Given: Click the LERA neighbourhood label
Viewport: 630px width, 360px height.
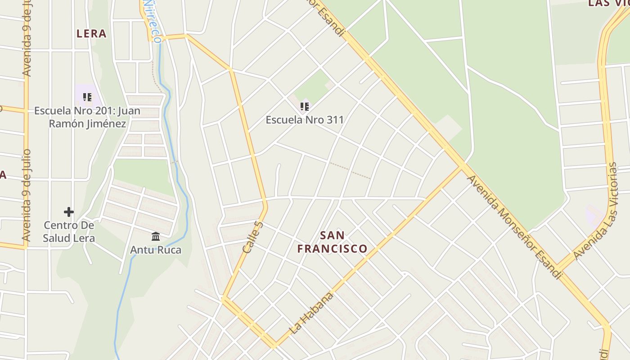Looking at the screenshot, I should point(91,34).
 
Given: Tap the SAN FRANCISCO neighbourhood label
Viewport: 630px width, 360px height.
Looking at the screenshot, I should point(333,242).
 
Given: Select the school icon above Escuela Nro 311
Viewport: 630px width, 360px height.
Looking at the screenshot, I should point(305,107).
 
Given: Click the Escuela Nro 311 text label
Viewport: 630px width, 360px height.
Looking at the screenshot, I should point(305,120).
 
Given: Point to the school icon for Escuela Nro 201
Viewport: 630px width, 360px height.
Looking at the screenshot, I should point(87,97).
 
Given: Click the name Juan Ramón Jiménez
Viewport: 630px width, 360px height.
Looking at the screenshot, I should point(87,117).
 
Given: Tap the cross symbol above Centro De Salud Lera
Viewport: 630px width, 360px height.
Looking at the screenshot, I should point(69,211).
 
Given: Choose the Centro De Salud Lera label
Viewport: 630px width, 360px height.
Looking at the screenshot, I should point(69,231).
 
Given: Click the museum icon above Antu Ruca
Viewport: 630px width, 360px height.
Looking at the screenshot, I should point(156,236).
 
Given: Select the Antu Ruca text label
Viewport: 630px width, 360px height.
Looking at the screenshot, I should point(156,250).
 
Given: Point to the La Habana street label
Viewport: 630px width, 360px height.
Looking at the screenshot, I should point(312,313).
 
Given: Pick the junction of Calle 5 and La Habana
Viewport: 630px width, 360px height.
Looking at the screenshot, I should point(274,346).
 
